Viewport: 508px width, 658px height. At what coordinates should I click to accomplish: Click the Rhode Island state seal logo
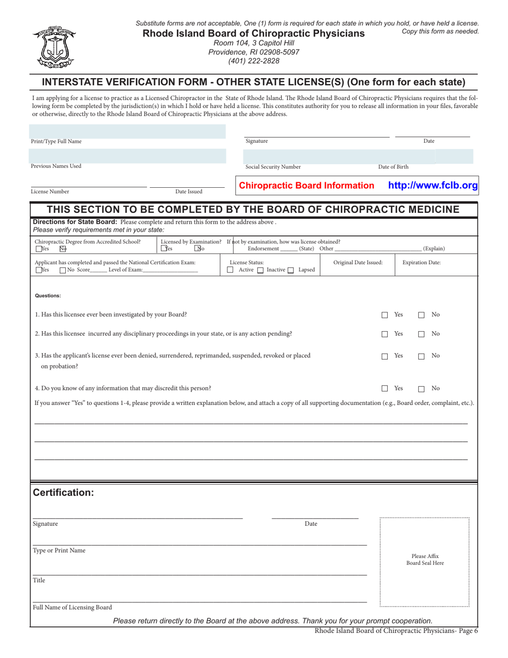point(52,47)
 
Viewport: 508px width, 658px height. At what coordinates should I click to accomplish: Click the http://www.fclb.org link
point(433,186)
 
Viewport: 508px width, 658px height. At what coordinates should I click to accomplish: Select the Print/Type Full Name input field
point(128,131)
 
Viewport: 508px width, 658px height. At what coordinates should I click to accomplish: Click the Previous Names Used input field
point(128,156)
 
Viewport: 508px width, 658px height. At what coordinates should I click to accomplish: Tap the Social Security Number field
point(310,156)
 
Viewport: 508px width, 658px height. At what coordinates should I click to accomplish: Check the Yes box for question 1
point(384,315)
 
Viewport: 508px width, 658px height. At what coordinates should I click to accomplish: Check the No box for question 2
point(421,334)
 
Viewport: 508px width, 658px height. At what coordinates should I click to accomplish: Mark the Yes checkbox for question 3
point(384,356)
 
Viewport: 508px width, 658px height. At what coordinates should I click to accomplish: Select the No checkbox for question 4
point(421,389)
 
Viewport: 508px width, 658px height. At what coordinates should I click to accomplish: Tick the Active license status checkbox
point(230,270)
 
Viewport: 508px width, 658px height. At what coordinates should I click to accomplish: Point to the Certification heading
point(63,493)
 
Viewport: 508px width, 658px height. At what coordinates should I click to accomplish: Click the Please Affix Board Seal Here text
point(425,560)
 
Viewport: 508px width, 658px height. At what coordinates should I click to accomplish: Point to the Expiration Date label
point(421,263)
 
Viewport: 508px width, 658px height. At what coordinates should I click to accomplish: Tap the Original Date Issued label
point(358,263)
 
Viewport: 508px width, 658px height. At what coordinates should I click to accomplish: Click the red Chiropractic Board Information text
point(306,186)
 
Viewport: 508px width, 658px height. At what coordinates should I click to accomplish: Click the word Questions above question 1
point(48,295)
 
